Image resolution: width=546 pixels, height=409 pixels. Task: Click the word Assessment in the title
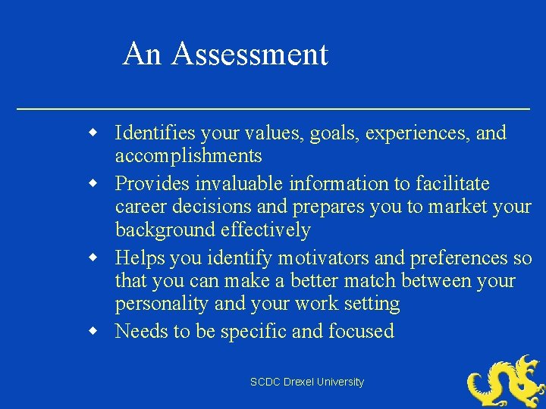coord(249,55)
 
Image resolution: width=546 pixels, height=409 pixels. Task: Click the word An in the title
coord(143,55)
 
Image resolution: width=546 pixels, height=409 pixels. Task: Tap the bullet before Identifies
coord(93,133)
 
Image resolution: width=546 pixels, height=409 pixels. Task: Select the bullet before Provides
coord(93,183)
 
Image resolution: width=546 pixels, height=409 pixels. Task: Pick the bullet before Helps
coord(93,258)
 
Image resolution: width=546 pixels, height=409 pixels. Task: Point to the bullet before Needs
coord(93,331)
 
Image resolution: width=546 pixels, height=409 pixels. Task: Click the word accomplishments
coord(188,157)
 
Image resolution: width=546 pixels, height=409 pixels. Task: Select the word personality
coord(162,304)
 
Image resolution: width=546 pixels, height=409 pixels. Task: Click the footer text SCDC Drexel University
coord(307,382)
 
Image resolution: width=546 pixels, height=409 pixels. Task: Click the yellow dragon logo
coord(504,382)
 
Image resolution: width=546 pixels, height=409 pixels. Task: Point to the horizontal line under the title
coord(273,110)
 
